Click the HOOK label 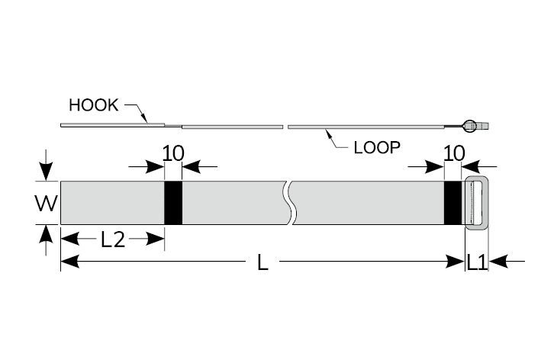click(x=93, y=105)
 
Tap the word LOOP click(x=377, y=147)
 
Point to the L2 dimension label click(x=112, y=239)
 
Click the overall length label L click(x=262, y=262)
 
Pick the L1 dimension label click(x=477, y=262)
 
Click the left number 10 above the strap click(x=173, y=153)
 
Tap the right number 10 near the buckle click(x=453, y=153)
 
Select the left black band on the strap click(x=173, y=202)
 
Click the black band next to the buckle click(x=453, y=202)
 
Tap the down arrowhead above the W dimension click(x=47, y=173)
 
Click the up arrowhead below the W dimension click(x=47, y=232)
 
